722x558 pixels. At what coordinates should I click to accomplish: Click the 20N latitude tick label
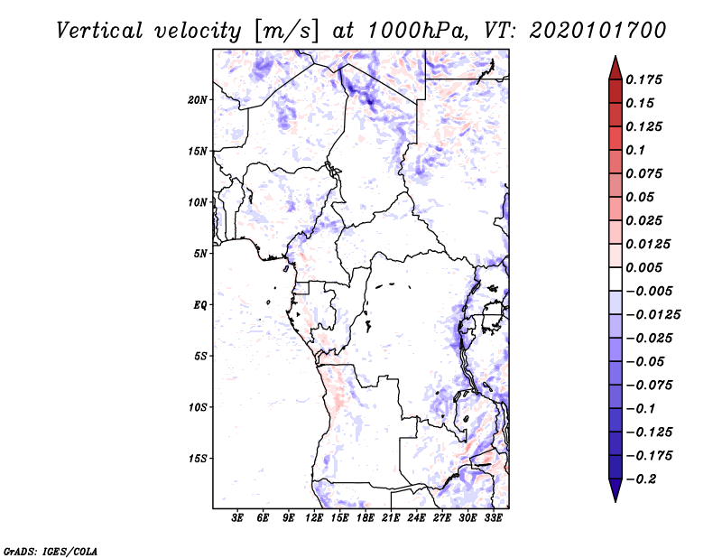(198, 99)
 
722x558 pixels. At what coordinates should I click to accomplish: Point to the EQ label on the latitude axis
(200, 305)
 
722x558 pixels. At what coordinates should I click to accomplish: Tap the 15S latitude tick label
(198, 459)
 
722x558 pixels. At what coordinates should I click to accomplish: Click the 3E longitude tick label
(238, 519)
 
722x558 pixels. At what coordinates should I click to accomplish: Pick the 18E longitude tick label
(366, 519)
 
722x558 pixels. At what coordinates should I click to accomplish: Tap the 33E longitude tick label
(493, 519)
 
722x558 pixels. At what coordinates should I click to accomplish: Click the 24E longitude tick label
(416, 519)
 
